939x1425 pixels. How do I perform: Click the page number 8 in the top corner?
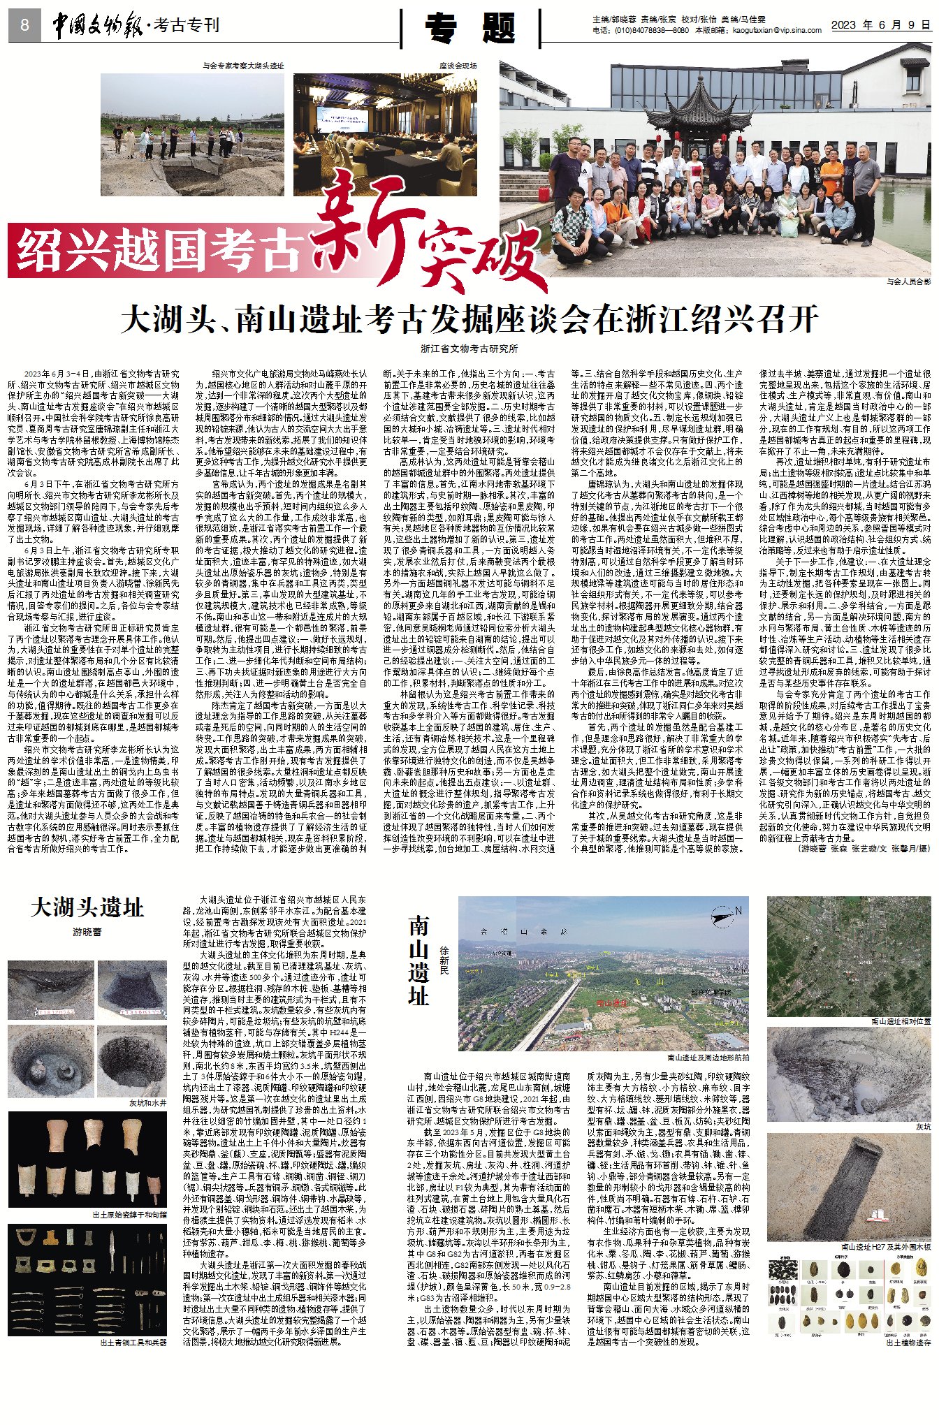point(25,25)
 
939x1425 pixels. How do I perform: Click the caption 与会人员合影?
point(908,282)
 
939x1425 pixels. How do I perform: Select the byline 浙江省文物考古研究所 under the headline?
point(469,349)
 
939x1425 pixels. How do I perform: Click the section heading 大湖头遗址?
point(87,908)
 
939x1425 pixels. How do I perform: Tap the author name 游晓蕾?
point(87,932)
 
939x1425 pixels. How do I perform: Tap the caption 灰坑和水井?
point(147,1103)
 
